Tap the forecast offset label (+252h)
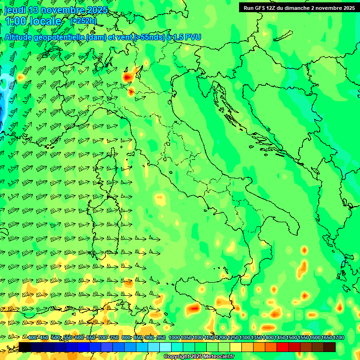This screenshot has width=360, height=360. point(83,21)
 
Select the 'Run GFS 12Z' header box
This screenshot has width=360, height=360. point(299,7)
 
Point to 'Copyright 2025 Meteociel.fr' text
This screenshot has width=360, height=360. point(199,357)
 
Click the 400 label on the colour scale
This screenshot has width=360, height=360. point(32,337)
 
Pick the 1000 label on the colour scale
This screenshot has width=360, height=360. point(174,337)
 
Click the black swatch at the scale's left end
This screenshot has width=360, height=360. point(24,347)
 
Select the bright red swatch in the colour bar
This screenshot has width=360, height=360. point(282,347)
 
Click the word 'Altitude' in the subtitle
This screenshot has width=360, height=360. point(19,37)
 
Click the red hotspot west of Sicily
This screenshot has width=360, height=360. point(193,308)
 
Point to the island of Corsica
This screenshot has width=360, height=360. point(112,162)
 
